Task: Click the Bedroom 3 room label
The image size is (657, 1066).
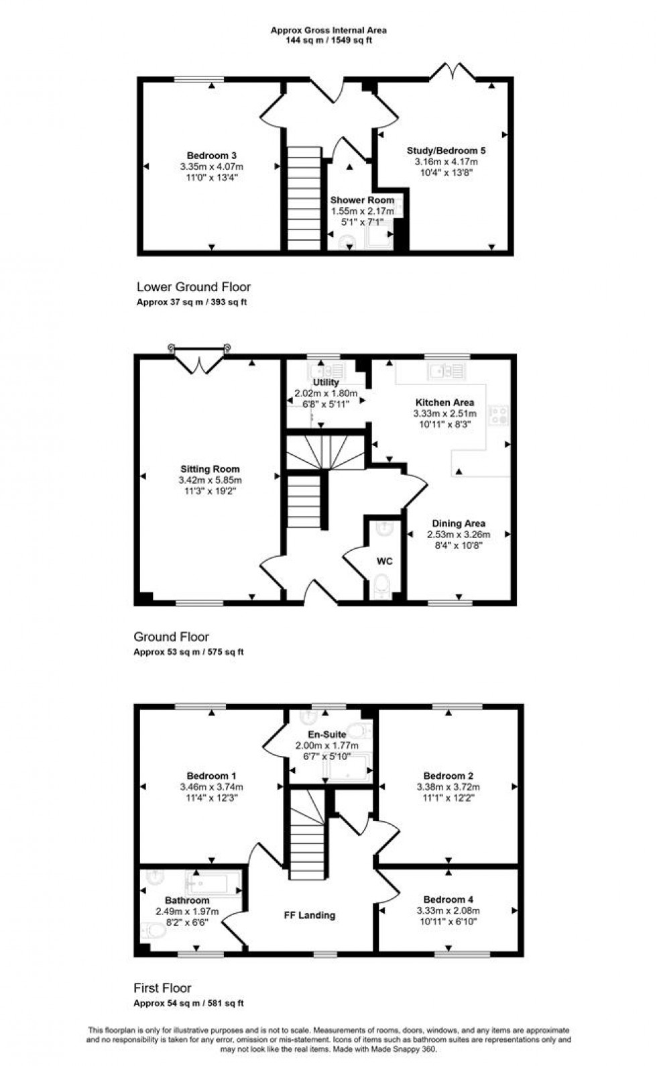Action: [x=211, y=156]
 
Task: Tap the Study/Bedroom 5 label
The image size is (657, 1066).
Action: [x=446, y=151]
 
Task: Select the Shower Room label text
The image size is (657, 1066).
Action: [x=362, y=201]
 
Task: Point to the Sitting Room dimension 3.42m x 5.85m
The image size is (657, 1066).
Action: [x=211, y=480]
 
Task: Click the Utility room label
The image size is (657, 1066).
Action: [x=326, y=382]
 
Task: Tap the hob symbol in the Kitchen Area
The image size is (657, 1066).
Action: [x=499, y=415]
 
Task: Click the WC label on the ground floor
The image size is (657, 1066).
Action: [x=384, y=561]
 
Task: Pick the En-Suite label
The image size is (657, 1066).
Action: [x=326, y=735]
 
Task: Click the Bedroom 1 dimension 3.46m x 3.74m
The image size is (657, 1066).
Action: [x=211, y=787]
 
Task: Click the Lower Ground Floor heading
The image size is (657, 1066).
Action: [x=193, y=287]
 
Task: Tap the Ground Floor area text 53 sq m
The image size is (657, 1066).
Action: [x=188, y=651]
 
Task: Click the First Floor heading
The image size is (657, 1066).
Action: [x=162, y=988]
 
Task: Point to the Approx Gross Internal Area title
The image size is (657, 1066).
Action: [x=328, y=30]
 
